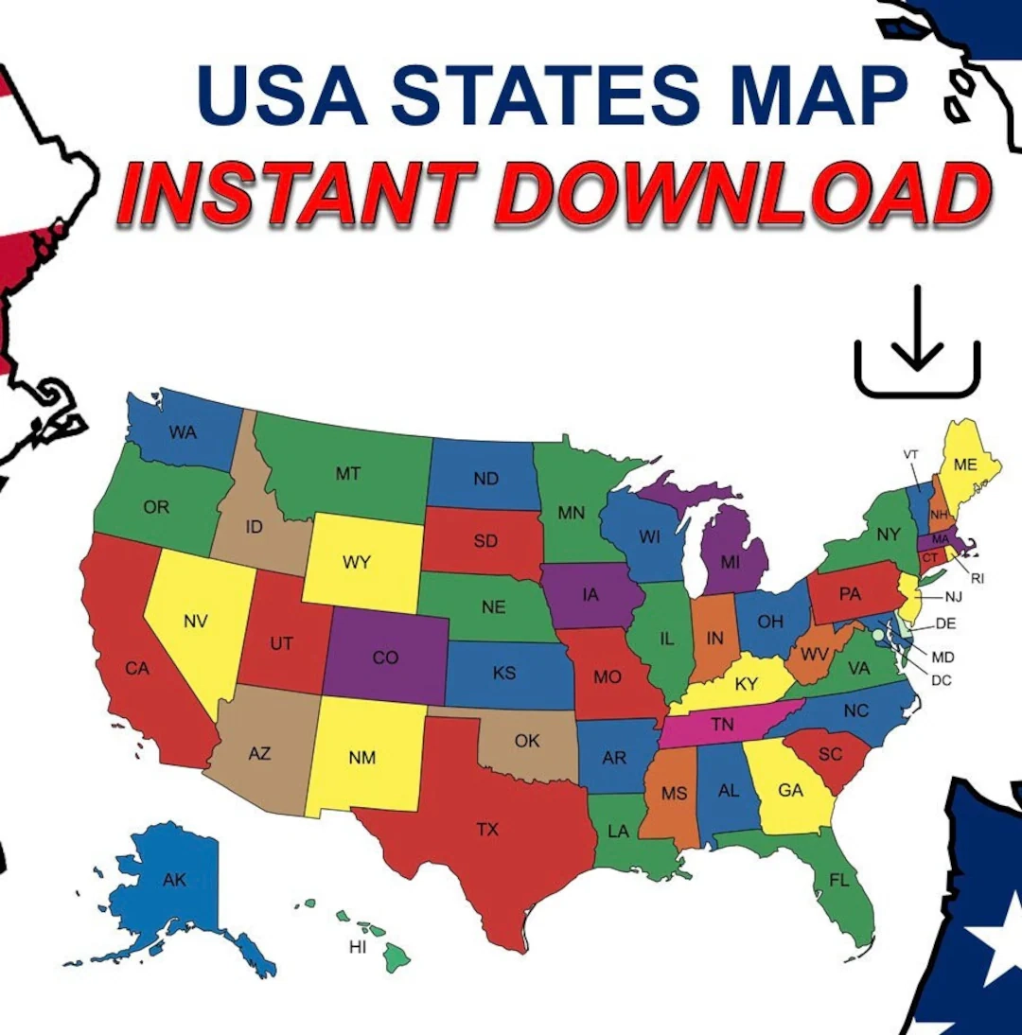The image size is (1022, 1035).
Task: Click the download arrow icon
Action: [x=917, y=342]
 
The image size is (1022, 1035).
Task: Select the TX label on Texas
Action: [x=486, y=830]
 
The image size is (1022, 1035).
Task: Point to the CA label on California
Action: [x=137, y=669]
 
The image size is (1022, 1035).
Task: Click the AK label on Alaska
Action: [x=174, y=880]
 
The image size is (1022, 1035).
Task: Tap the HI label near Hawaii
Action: [x=358, y=947]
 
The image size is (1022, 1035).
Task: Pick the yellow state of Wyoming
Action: [x=364, y=562]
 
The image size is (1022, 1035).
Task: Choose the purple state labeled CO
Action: [x=385, y=658]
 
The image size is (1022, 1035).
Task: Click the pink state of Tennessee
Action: [x=723, y=725]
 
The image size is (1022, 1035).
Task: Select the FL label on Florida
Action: [x=838, y=880]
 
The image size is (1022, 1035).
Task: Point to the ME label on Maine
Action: [x=965, y=465]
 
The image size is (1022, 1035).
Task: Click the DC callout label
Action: [x=941, y=679]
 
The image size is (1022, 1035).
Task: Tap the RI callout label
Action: [x=978, y=577]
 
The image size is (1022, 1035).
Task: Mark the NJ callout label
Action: [x=953, y=597]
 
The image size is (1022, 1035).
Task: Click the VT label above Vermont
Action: [x=911, y=454]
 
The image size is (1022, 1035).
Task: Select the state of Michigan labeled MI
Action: [x=730, y=562]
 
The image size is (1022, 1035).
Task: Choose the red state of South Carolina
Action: [x=828, y=754]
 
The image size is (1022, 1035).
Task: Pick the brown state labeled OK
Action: [x=527, y=741]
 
